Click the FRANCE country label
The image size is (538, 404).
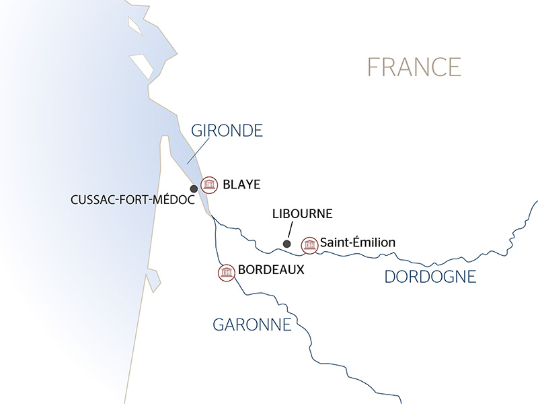click(414, 67)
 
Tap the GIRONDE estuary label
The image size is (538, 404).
click(226, 131)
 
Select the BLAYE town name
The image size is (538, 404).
click(241, 184)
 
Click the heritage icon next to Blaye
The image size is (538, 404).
click(210, 184)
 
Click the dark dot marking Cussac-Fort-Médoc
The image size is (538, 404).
click(194, 189)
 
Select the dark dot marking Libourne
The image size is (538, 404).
click(286, 244)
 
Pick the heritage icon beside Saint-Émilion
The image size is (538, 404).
click(309, 244)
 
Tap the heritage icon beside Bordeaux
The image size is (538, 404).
click(226, 272)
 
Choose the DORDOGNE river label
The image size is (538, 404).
click(430, 276)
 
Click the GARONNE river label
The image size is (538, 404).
click(252, 325)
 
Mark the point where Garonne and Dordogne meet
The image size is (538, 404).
click(212, 217)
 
